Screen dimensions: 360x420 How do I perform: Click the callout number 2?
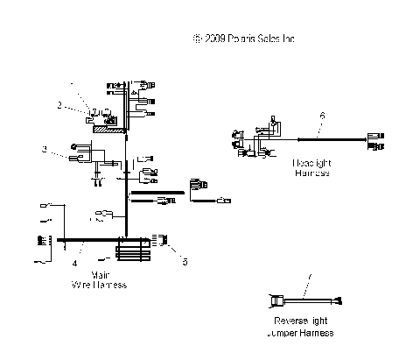pos(59,105)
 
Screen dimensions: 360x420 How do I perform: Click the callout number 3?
pos(44,150)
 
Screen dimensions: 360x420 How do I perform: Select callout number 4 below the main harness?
pos(74,262)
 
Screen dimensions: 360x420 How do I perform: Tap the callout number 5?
pos(185,260)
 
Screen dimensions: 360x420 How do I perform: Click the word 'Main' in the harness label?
pos(99,274)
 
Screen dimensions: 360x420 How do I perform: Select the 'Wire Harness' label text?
pos(98,285)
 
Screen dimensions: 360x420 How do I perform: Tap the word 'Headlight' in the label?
pos(311,163)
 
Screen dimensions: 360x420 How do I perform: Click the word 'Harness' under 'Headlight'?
pos(311,173)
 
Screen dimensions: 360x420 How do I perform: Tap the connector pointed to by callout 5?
pos(162,239)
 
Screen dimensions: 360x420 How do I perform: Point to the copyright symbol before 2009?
pos(196,39)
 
